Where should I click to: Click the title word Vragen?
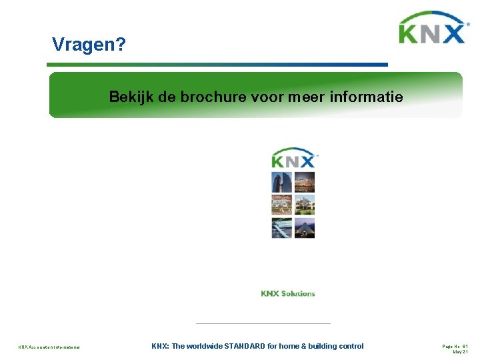pyautogui.click(x=89, y=45)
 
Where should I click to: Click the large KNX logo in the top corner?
pyautogui.click(x=432, y=29)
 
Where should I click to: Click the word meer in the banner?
pyautogui.click(x=306, y=97)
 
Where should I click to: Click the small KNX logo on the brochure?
pyautogui.click(x=294, y=158)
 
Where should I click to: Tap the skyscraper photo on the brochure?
pyautogui.click(x=281, y=182)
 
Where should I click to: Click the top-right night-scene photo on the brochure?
pyautogui.click(x=305, y=182)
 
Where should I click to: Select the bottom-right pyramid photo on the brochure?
pyautogui.click(x=305, y=228)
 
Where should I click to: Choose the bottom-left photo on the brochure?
pyautogui.click(x=281, y=228)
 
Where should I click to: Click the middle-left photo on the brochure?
pyautogui.click(x=281, y=205)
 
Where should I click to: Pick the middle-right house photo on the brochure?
pyautogui.click(x=305, y=205)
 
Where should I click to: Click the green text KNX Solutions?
pyautogui.click(x=288, y=293)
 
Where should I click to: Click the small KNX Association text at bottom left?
pyautogui.click(x=49, y=347)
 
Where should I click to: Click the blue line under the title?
pyautogui.click(x=217, y=65)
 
